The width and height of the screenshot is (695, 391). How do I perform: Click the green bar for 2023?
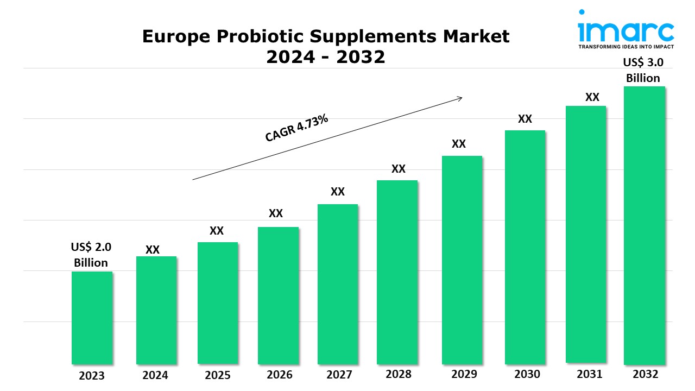(x=92, y=318)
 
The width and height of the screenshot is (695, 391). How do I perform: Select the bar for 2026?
(x=278, y=295)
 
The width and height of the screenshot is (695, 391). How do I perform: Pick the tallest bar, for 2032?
(x=645, y=225)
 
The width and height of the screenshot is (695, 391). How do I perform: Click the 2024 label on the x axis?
(x=155, y=375)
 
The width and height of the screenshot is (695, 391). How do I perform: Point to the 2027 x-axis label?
(x=339, y=375)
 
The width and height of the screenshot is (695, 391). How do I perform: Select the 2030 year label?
(x=527, y=374)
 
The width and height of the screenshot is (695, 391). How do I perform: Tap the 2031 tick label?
(x=589, y=374)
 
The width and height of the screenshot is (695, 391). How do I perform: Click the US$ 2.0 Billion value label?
(x=91, y=255)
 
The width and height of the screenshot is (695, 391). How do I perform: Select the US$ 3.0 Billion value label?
(x=643, y=70)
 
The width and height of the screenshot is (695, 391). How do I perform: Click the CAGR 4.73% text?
(x=296, y=129)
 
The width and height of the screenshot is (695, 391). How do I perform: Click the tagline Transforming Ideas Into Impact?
(x=625, y=47)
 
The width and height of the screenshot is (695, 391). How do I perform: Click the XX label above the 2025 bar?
(x=217, y=231)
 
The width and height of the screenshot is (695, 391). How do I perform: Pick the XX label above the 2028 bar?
(x=399, y=169)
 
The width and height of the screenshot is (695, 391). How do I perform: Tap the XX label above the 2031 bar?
(x=592, y=97)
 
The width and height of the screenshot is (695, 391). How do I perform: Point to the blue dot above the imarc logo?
(x=582, y=11)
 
